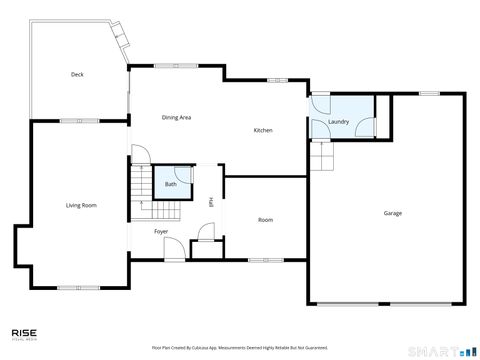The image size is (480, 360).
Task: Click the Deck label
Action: coord(77,75)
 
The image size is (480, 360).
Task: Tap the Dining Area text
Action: coord(176,118)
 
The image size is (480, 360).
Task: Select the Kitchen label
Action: coord(263,131)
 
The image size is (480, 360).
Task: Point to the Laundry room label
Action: coord(338,122)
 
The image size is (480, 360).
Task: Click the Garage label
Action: coord(393,213)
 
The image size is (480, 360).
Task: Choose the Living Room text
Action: coord(81,205)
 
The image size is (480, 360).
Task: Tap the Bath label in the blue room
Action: coord(171,184)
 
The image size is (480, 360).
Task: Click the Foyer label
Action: coord(160,232)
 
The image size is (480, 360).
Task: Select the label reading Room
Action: coord(265,220)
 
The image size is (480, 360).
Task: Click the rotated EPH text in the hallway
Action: coord(211,201)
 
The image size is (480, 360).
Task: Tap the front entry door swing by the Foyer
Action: coord(173,250)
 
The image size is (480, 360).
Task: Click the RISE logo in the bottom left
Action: coord(25,335)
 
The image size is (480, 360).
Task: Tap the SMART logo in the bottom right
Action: coord(448,350)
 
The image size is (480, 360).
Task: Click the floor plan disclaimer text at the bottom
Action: coord(239,348)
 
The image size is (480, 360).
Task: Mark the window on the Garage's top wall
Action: coord(429,94)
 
